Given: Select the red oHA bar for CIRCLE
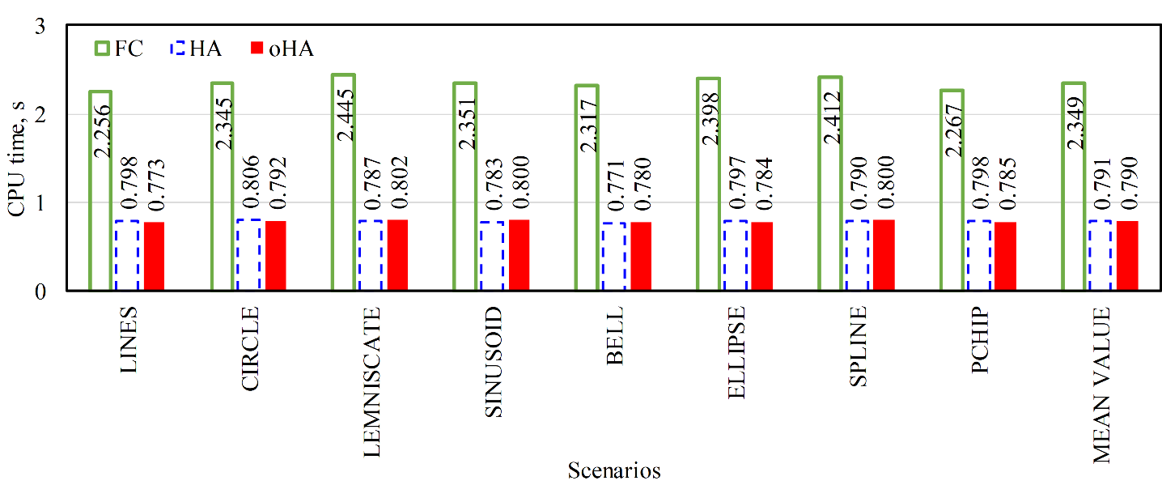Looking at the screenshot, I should point(275,255).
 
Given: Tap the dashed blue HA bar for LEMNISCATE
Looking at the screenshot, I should point(370,255).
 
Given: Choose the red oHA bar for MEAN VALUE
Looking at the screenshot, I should point(1127,255).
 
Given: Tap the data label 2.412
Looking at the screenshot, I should point(831,117).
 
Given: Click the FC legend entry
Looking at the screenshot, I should point(118,49).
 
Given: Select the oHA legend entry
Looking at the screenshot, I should point(281,49).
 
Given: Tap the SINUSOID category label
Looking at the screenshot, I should point(494,362).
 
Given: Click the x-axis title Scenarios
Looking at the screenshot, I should point(613,470).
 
